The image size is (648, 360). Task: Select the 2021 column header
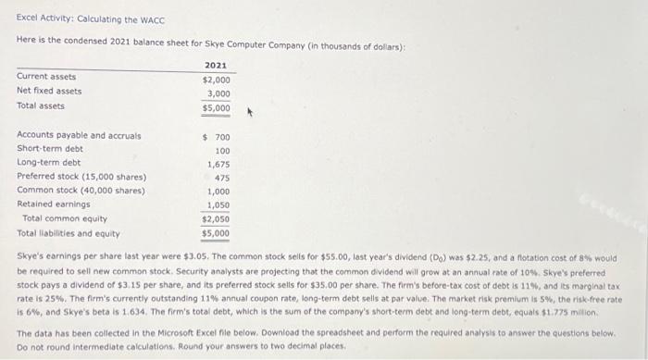click(x=216, y=66)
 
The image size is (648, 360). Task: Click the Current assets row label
click(x=46, y=77)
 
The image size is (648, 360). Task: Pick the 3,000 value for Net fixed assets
click(x=218, y=93)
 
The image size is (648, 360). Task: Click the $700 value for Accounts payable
click(x=218, y=137)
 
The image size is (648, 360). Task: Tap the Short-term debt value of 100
click(x=222, y=150)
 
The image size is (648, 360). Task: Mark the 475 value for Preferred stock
click(x=221, y=178)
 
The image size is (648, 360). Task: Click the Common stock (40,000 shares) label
click(x=81, y=191)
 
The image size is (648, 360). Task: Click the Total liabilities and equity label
click(x=69, y=232)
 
